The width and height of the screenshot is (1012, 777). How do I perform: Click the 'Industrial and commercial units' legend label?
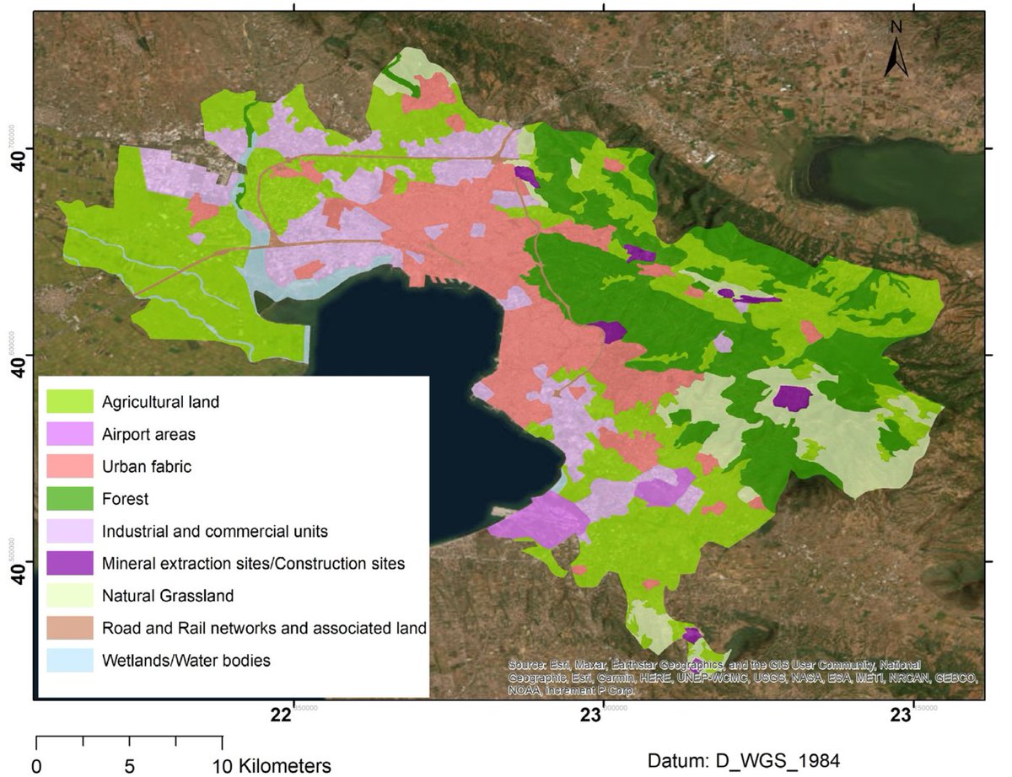214,532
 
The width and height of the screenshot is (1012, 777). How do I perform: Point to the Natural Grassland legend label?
167,596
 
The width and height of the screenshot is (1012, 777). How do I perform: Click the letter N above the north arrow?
896,27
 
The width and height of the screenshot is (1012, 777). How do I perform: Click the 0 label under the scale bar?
36,767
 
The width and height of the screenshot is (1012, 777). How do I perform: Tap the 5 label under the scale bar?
129,767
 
